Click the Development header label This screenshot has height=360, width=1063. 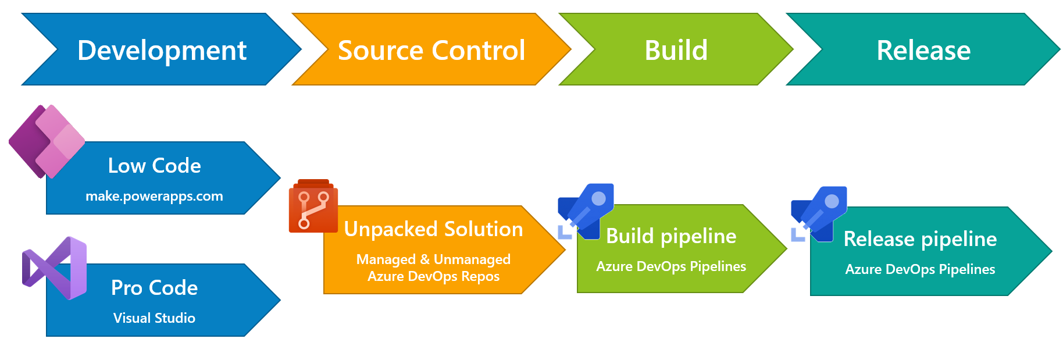coord(162,51)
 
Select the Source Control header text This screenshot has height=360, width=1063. coord(431,50)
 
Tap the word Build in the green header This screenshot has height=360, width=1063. coord(676,50)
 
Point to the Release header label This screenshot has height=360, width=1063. coord(923,50)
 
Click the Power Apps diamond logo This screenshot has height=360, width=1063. coord(47,141)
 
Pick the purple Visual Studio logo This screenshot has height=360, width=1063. coord(55,268)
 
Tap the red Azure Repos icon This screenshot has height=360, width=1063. coord(313,206)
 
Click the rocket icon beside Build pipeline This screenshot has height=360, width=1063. coord(586,212)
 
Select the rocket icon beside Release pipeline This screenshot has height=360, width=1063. coord(819,214)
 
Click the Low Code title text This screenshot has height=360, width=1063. coord(155,166)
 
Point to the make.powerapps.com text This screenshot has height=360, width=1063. coord(154,196)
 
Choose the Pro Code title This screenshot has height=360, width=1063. coord(155,288)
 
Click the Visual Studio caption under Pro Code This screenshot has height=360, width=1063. coord(154,318)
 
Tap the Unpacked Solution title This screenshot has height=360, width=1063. coord(434,229)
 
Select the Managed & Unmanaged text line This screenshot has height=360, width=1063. coord(433,259)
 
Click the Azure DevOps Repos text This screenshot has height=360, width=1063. coord(433,276)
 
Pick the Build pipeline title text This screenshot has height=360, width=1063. coord(671,236)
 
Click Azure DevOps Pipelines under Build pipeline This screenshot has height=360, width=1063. coord(671,266)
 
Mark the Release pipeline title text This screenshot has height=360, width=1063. coord(920,239)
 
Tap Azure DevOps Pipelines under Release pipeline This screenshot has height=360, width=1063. coord(920,269)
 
